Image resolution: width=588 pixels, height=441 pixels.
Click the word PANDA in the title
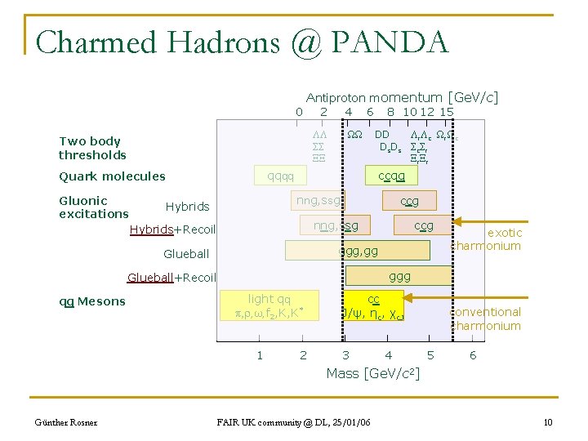coord(400,41)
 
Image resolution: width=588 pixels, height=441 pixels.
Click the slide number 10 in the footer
coord(548,421)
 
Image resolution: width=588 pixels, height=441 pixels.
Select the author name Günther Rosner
coord(65,422)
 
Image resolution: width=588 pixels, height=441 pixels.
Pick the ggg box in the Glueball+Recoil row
coord(400,277)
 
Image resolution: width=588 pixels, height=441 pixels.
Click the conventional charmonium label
coord(486,318)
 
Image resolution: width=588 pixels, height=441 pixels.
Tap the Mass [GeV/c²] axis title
coord(372,373)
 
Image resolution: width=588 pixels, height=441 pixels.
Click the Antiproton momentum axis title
coord(402,98)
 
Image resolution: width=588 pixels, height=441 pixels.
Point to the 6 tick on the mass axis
coord(473,355)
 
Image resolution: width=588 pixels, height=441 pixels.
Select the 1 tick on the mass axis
coord(260,355)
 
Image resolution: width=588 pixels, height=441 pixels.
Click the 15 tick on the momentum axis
coord(446,112)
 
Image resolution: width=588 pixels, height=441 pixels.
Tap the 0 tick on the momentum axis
coord(300,112)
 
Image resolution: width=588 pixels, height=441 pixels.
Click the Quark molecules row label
coord(112,176)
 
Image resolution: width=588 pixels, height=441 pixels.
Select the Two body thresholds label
coord(92,148)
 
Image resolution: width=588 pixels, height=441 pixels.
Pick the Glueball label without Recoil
coord(186,254)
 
